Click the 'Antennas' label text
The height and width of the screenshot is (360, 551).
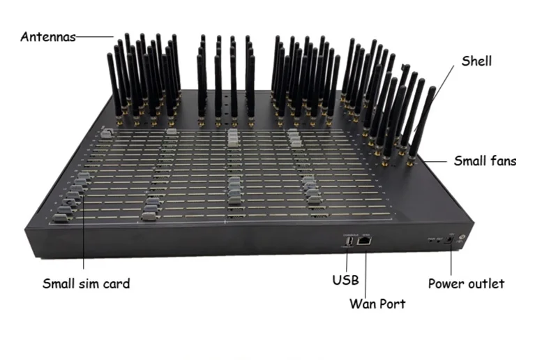pos(47,37)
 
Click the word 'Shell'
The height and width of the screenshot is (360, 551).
pos(476,61)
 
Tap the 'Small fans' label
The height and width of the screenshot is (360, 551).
pos(485,161)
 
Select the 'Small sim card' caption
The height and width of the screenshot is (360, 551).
pos(86,284)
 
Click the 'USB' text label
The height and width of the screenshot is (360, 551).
pos(345,281)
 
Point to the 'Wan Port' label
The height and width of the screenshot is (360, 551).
pos(377,304)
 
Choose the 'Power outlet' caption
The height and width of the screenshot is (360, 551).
pos(466,284)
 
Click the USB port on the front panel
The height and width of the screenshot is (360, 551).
pos(346,242)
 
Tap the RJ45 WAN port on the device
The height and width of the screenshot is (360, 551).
pos(364,242)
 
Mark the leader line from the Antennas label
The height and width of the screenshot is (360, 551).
pos(93,36)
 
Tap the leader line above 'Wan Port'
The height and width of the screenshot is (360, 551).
pos(365,271)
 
